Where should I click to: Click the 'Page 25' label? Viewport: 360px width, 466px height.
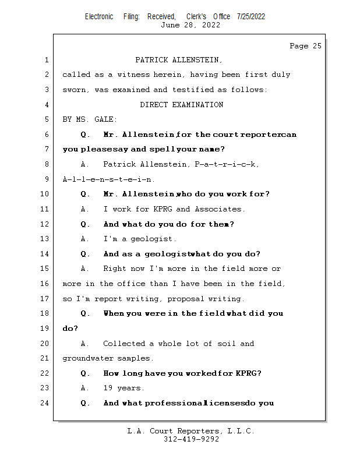pos(305,46)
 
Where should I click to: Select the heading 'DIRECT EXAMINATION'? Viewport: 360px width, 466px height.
pos(181,105)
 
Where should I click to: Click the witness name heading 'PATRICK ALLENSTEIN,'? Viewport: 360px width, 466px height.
pos(179,60)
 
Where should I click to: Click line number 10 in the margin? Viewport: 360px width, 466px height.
pos(45,194)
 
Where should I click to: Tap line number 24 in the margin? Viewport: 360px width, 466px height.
pos(45,403)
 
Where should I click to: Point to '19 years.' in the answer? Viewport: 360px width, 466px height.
pos(123,388)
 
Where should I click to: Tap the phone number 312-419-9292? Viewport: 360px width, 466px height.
pos(190,439)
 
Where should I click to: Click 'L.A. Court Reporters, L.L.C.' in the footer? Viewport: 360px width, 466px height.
pos(190,431)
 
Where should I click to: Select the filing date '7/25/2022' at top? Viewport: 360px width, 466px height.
pos(251,16)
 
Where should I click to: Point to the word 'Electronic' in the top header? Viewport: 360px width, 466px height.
pos(99,16)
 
